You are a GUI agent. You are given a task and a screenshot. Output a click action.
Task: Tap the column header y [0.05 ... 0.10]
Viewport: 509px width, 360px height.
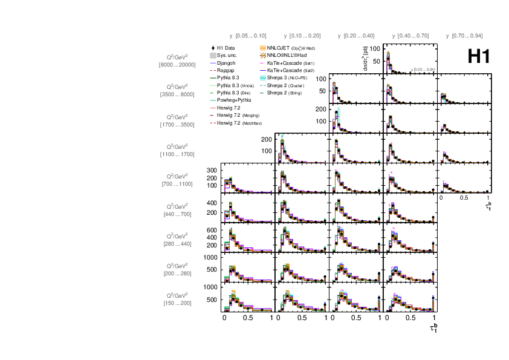(x=248, y=36)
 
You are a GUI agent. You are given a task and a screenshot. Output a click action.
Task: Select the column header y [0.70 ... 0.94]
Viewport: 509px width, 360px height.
(x=464, y=36)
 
